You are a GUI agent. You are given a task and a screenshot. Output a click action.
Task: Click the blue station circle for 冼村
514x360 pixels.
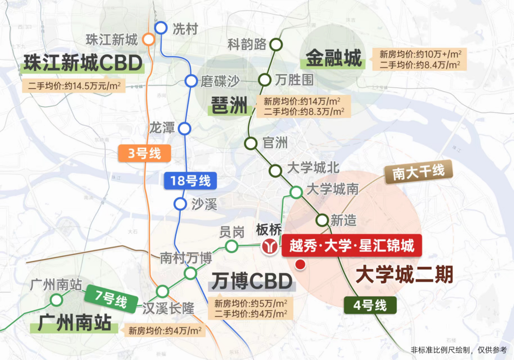(x=161, y=28)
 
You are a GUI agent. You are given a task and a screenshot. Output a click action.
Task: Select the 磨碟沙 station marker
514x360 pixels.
(x=191, y=81)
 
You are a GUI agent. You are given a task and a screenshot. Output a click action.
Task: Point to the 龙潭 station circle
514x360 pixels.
(x=184, y=129)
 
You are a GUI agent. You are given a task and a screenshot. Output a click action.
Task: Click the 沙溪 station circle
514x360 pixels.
(x=180, y=203)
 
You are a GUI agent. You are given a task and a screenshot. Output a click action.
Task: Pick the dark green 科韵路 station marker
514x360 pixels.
(x=276, y=45)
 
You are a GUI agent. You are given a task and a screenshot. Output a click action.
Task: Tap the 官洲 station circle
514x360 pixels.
(x=251, y=143)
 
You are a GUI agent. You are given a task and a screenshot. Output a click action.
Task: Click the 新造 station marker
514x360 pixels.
(x=322, y=220)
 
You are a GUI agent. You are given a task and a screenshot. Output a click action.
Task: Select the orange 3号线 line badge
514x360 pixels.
(x=144, y=154)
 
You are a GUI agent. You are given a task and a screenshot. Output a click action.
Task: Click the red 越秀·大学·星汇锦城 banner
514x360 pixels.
(x=352, y=245)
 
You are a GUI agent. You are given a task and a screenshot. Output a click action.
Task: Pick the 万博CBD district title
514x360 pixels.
(x=251, y=282)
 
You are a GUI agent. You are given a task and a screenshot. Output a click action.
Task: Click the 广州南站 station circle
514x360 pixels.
(x=57, y=299)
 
